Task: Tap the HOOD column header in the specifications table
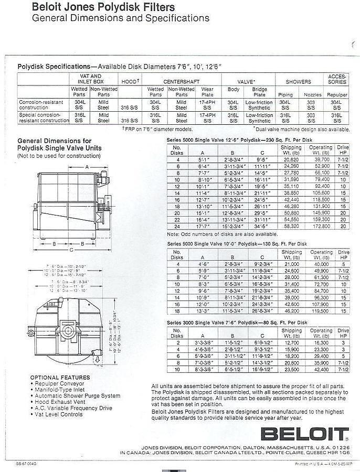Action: tap(130, 82)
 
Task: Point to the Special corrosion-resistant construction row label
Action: tap(43, 117)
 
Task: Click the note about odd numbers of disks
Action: tap(226, 234)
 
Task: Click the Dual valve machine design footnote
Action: tap(301, 128)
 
